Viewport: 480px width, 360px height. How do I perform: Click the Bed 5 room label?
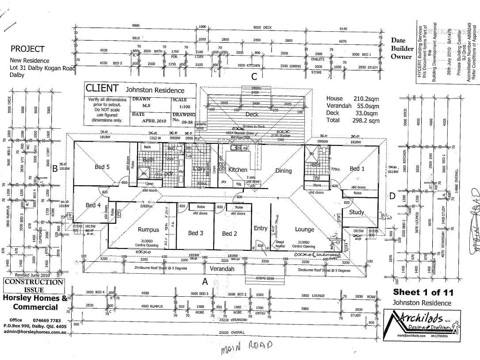click(x=102, y=167)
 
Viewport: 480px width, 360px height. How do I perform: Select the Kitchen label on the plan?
click(x=237, y=169)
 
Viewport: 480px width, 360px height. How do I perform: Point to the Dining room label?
click(x=284, y=171)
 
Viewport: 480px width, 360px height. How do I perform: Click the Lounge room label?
click(x=304, y=229)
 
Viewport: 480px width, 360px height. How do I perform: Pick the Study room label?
click(x=357, y=212)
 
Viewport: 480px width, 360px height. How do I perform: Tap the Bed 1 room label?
click(x=357, y=169)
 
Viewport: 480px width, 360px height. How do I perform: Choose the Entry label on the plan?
click(x=261, y=228)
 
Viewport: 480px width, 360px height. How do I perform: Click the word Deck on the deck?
click(x=252, y=114)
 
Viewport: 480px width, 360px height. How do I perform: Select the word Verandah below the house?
click(x=222, y=269)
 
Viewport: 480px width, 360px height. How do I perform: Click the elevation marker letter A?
click(x=205, y=281)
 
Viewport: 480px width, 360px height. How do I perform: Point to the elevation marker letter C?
click(x=254, y=77)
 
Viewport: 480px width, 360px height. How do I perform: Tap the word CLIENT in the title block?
click(x=102, y=88)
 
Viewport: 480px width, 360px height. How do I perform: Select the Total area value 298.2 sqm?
click(x=369, y=120)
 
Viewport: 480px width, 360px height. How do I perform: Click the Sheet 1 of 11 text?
click(x=423, y=292)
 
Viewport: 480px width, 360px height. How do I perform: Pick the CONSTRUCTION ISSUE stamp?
click(x=34, y=286)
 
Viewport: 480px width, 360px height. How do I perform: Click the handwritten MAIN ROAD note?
click(x=246, y=346)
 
